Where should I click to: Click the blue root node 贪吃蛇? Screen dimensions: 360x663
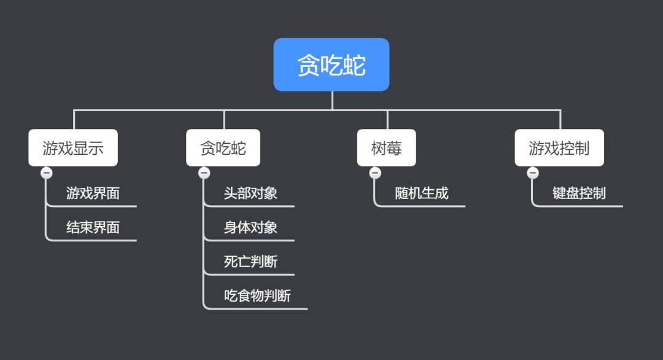331,65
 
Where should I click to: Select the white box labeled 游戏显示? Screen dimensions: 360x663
73,147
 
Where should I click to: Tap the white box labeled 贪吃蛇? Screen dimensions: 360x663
223,147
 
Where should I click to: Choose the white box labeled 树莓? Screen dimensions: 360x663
386,147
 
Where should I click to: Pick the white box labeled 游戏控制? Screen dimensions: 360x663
559,147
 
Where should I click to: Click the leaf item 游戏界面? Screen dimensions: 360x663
93,194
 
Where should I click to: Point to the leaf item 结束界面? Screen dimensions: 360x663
93,228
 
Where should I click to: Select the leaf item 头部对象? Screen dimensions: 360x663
250,194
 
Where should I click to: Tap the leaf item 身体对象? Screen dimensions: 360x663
250,228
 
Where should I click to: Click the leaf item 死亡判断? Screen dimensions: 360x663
250,262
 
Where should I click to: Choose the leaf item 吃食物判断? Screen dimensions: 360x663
257,297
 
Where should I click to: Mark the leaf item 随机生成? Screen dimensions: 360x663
421,194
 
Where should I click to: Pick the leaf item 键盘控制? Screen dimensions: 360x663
579,194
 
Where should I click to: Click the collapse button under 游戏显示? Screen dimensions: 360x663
47,173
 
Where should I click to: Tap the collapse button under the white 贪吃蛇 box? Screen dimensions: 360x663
204,173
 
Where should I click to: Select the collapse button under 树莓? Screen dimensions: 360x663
375,173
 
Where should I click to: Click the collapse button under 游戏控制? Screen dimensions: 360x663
533,173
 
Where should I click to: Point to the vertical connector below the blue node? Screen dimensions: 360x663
332,100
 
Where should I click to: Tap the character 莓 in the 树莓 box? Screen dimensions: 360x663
394,148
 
